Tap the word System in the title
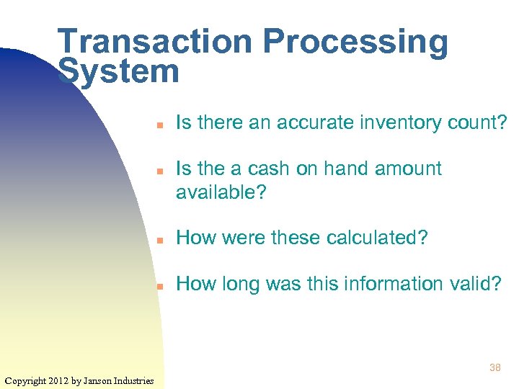coord(118,72)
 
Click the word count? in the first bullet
coord(482,123)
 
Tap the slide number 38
coord(494,367)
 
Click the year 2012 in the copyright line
coord(58,380)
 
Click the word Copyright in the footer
coord(25,380)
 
